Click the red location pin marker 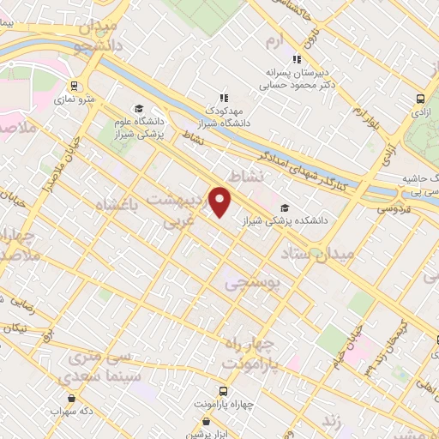[221, 201]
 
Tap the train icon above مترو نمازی [74, 86]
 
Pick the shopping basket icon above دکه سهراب [69, 398]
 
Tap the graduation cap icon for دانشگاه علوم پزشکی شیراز [120, 121]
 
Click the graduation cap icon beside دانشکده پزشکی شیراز [285, 207]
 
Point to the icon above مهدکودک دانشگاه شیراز [225, 98]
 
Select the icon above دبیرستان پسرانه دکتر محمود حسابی [297, 60]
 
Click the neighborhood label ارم [274, 41]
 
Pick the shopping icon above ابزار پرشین [207, 421]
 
